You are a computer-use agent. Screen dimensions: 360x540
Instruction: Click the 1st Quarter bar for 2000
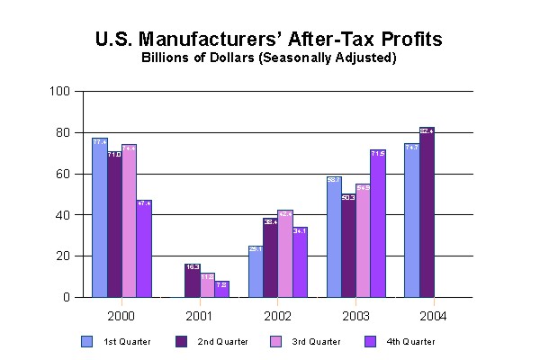coord(99,218)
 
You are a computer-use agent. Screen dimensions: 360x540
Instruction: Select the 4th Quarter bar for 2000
coord(144,248)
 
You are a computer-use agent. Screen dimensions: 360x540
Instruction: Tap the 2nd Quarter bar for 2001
coord(192,281)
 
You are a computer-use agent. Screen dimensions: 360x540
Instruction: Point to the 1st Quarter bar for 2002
coord(255,271)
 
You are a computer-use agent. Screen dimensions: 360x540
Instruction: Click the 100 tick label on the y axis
coord(60,91)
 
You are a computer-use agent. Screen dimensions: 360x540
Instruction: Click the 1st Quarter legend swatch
coord(86,341)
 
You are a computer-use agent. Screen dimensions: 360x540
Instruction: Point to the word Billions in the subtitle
coord(164,58)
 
